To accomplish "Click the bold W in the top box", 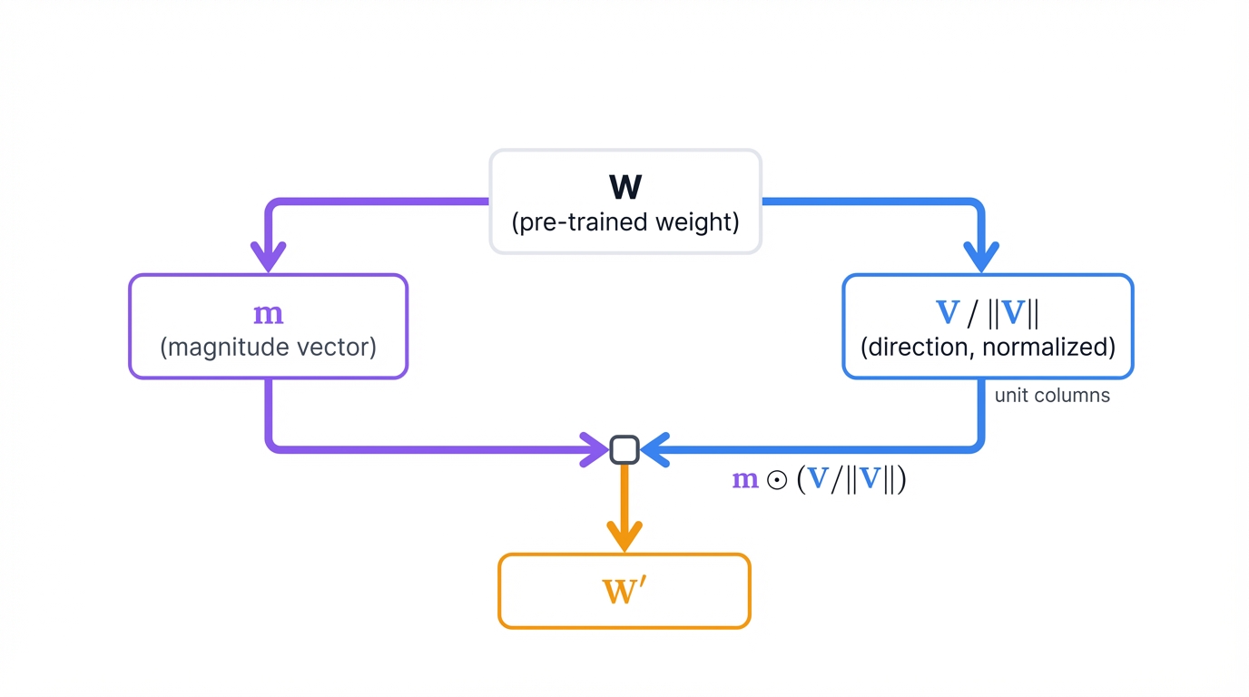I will (x=625, y=187).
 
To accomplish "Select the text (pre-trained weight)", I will (x=625, y=222).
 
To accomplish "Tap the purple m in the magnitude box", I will (x=269, y=314).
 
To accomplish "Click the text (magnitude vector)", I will (x=269, y=347).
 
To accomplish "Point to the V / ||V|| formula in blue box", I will (x=988, y=313).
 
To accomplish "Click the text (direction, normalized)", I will (x=988, y=347).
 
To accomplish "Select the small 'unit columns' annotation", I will (x=1052, y=396).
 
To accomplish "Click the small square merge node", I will (x=624, y=450).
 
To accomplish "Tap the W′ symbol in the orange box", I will (x=624, y=591).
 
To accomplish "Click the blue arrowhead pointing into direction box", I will (x=980, y=257).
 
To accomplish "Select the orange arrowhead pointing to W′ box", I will (x=624, y=536).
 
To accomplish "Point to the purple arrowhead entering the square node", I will (x=595, y=449).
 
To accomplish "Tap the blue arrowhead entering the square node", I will (x=655, y=449).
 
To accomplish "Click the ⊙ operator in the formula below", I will (x=777, y=481).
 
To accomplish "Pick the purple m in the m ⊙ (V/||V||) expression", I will (x=745, y=480).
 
